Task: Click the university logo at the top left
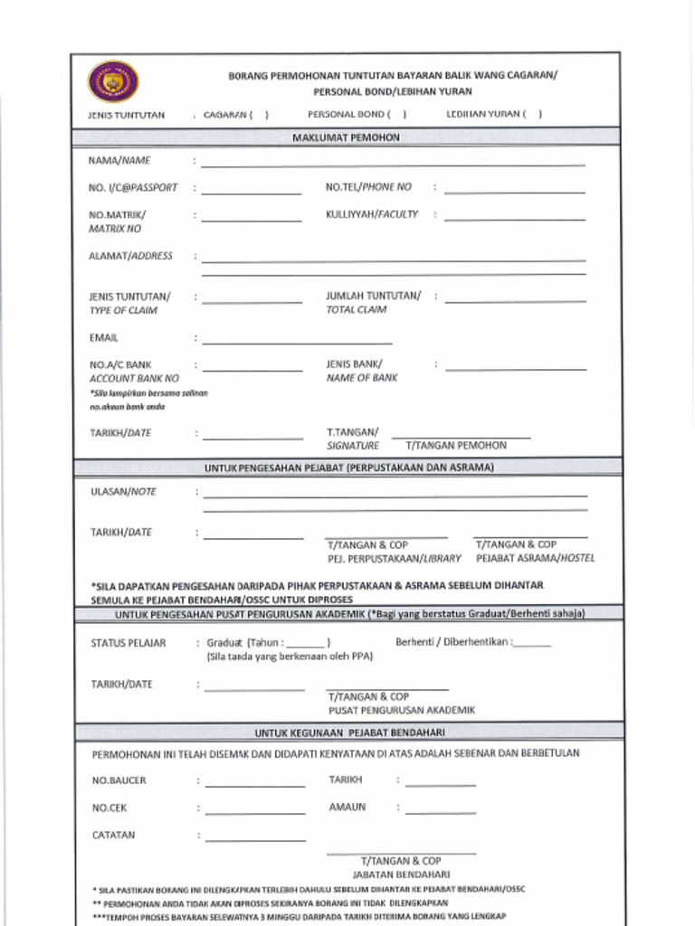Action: [113, 82]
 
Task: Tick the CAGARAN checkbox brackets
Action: [260, 115]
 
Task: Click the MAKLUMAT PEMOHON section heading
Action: [346, 137]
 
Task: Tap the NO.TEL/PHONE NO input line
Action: [514, 192]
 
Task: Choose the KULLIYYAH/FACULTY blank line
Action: [514, 219]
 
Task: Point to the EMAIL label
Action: [103, 338]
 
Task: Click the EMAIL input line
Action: [297, 343]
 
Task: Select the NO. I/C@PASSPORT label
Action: [133, 188]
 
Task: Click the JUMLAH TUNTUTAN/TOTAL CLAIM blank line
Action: [515, 300]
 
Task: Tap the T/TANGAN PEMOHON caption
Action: [456, 446]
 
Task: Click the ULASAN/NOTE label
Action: [122, 492]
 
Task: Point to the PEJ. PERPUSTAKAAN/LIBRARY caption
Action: [394, 559]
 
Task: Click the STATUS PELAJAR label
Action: [129, 643]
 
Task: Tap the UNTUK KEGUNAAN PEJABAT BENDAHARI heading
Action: [349, 732]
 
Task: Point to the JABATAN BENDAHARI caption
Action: [401, 875]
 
